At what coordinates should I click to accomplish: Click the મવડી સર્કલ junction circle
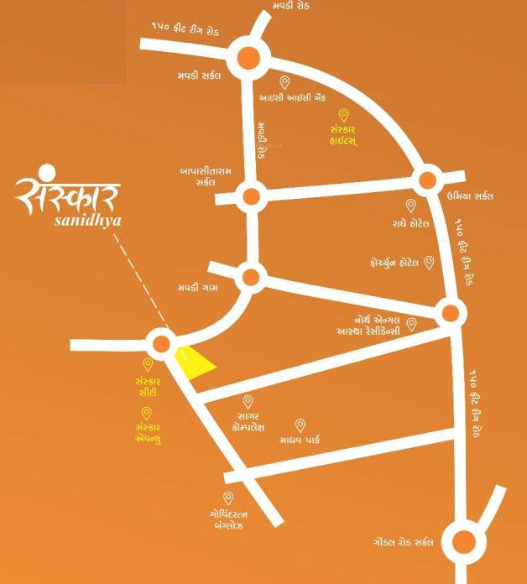click(249, 57)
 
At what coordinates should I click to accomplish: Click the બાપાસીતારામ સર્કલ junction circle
click(251, 198)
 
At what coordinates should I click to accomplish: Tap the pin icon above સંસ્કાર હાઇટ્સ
click(342, 115)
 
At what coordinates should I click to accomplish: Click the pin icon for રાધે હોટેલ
click(411, 206)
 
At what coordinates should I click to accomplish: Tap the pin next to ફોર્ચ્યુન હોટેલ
click(429, 263)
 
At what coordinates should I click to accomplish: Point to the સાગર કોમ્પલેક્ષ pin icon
click(248, 402)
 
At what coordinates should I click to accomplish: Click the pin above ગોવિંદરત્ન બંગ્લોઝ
click(227, 498)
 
